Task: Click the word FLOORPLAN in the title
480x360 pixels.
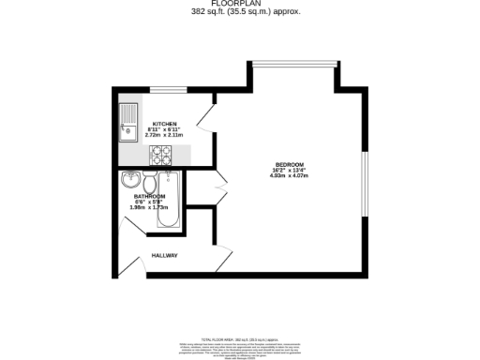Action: pos(239,4)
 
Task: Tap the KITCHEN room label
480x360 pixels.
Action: pos(165,124)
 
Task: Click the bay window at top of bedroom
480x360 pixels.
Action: pos(292,66)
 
